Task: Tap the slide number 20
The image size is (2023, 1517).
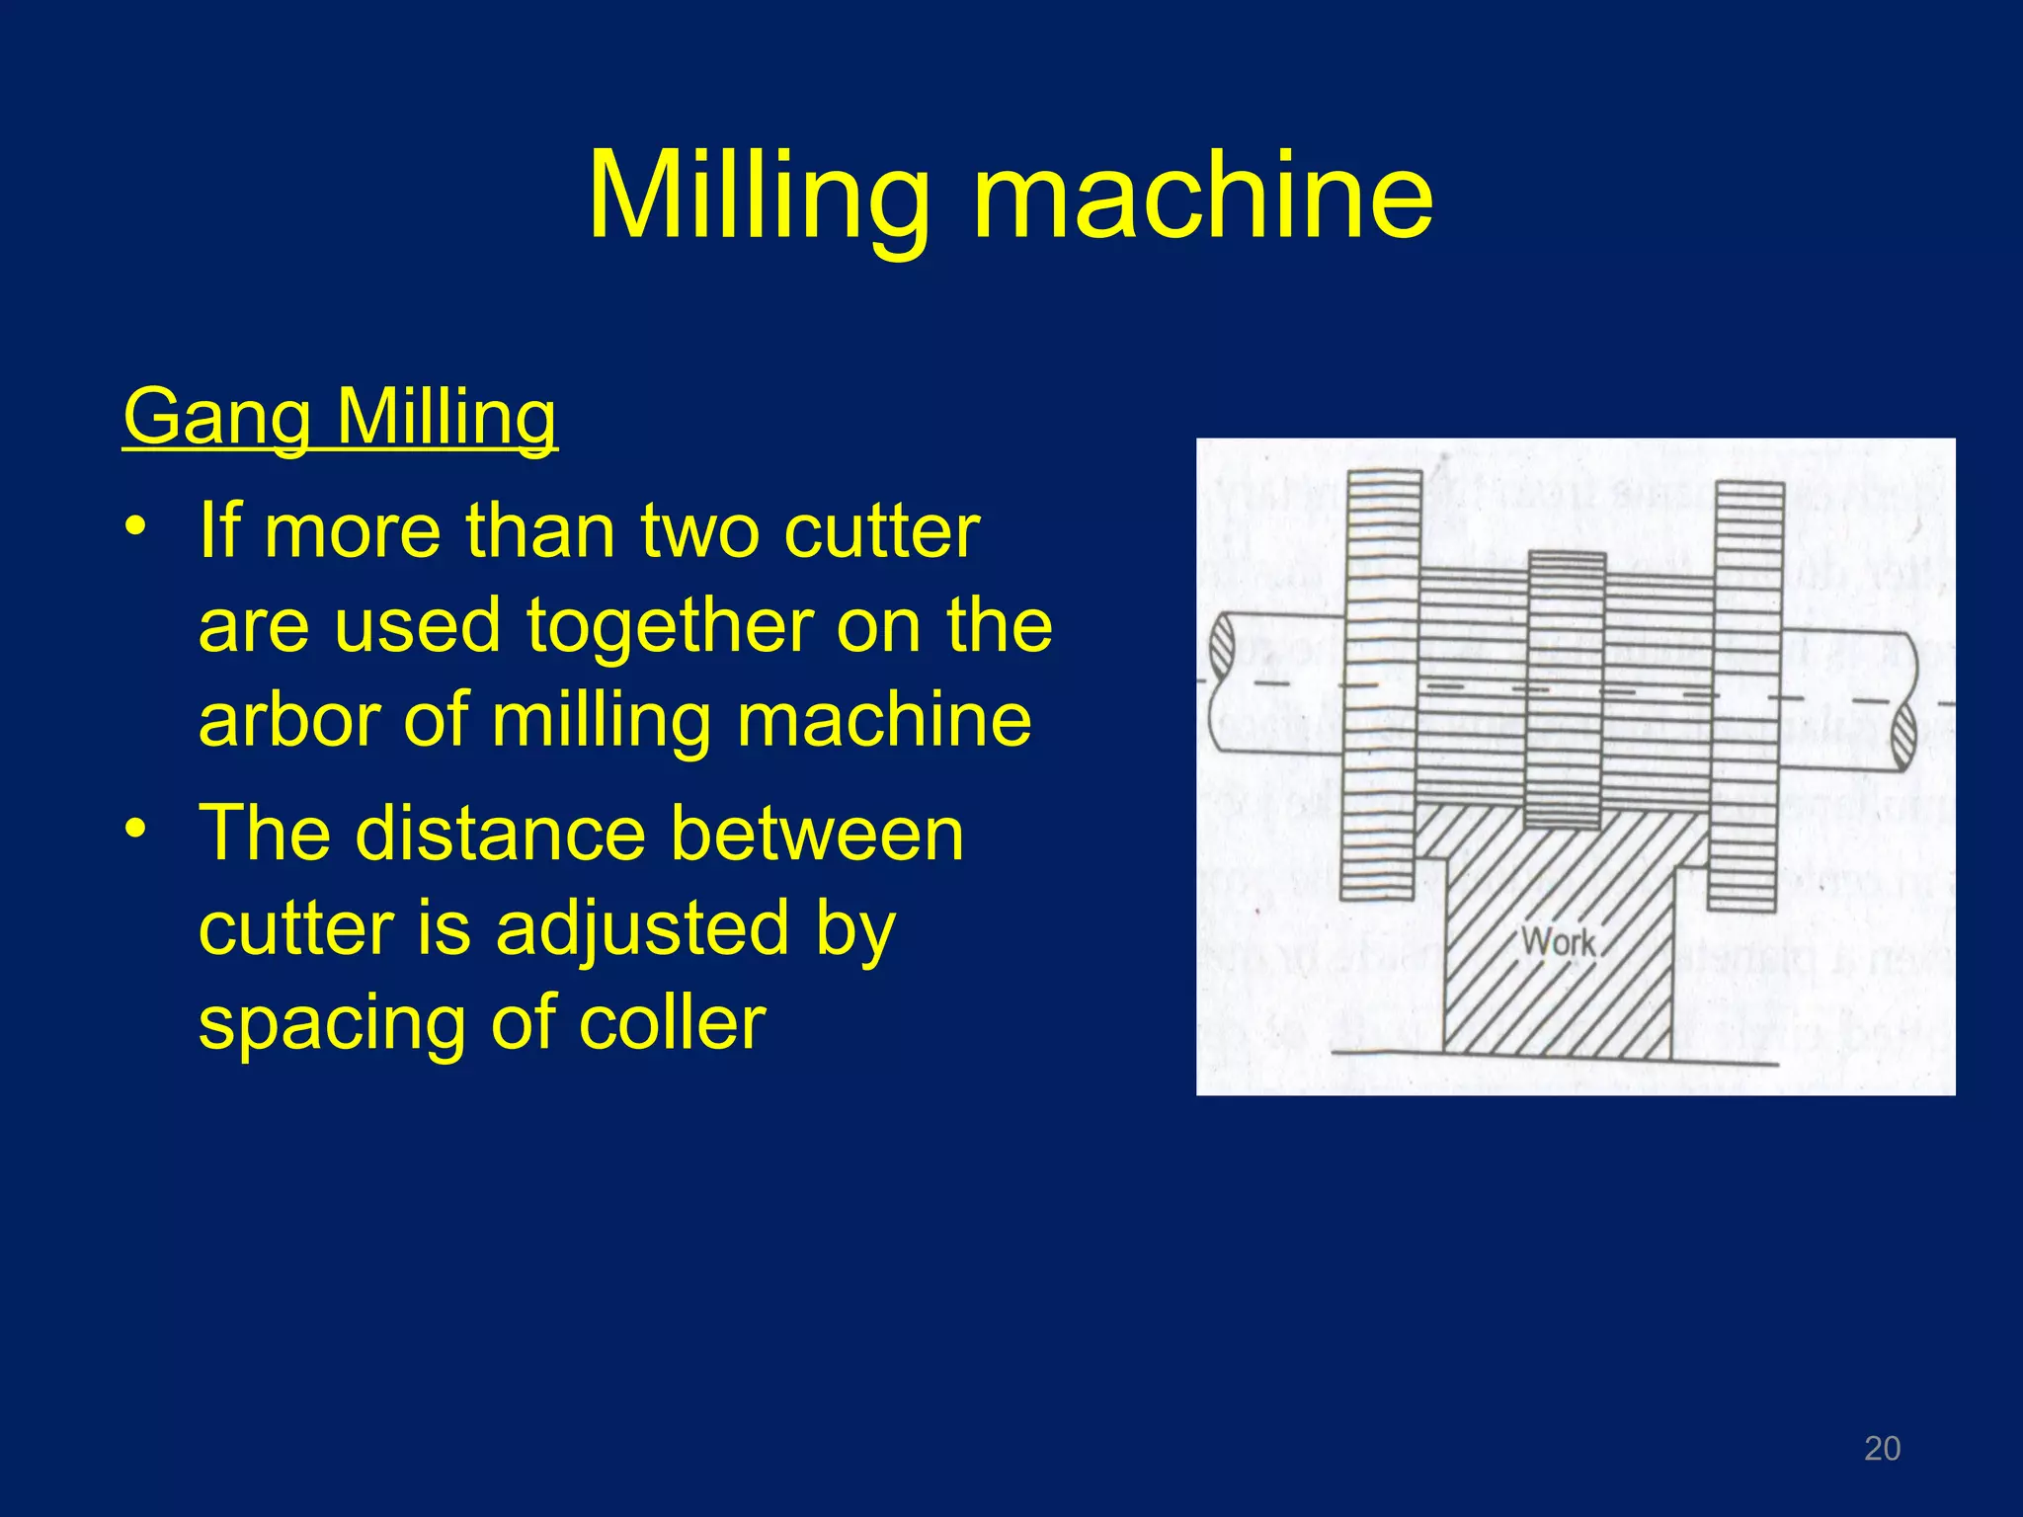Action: (x=1882, y=1448)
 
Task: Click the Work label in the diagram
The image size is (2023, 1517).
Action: (x=1558, y=941)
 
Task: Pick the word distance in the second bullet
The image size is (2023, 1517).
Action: (x=500, y=834)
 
